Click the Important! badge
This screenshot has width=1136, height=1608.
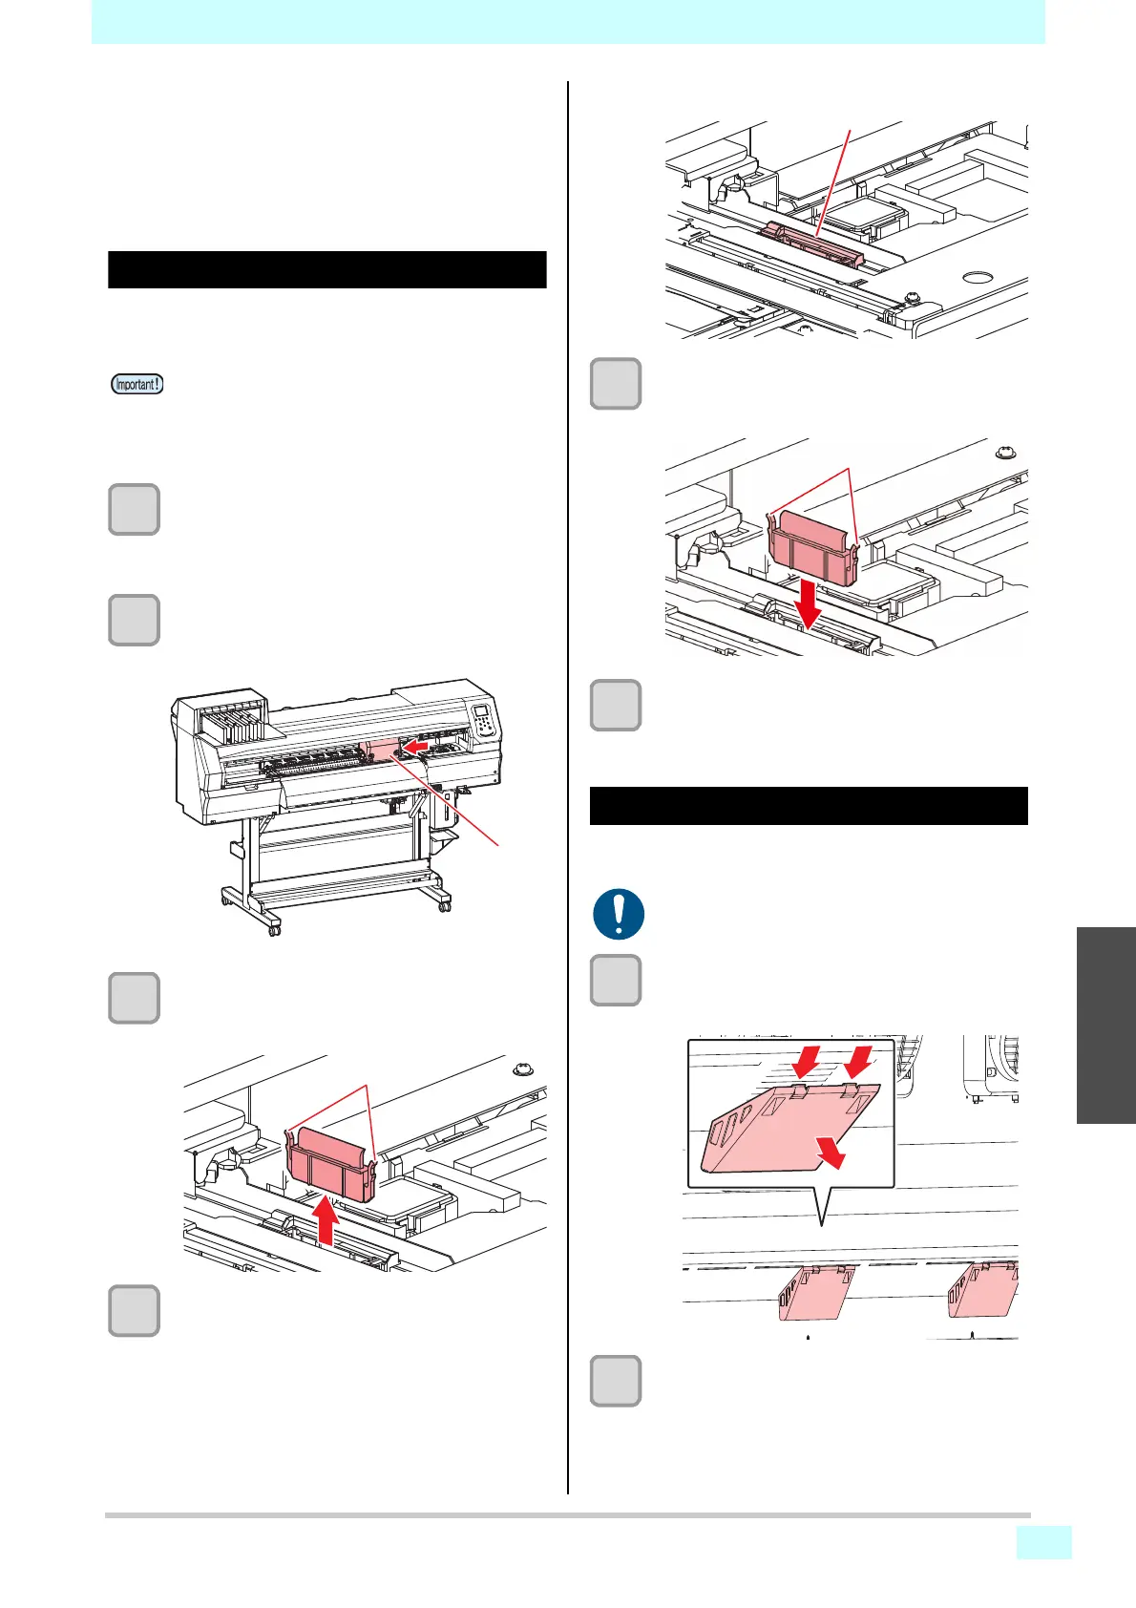tap(137, 384)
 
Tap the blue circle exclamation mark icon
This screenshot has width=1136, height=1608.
tap(619, 914)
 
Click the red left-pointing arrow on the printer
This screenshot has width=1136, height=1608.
tap(415, 748)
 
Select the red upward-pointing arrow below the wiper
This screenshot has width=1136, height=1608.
tap(326, 1219)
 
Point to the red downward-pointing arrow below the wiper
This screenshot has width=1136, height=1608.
tap(810, 604)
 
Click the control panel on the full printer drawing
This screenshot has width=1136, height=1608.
tap(484, 719)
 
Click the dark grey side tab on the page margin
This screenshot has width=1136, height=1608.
tap(1105, 1026)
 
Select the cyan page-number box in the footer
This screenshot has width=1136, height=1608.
tap(1044, 1542)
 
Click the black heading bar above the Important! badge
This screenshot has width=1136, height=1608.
tap(327, 269)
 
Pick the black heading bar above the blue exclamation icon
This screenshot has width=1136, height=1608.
tap(809, 806)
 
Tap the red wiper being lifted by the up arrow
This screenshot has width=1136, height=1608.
tap(331, 1164)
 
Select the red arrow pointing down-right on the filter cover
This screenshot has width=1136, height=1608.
tap(831, 1152)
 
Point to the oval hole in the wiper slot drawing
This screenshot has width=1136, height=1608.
tap(978, 277)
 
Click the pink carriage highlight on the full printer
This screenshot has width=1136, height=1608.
tap(380, 749)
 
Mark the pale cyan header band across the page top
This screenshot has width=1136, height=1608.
tap(568, 22)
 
